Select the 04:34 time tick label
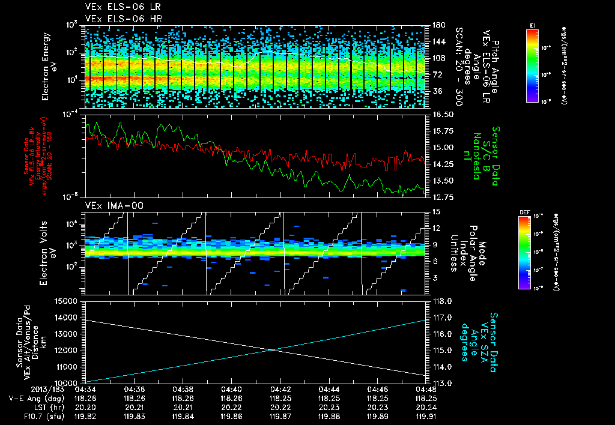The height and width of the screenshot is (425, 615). tap(86, 389)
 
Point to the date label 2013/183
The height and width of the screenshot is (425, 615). tap(23, 389)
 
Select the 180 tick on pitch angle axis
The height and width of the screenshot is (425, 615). tap(436, 25)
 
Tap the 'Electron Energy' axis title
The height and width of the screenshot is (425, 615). tap(48, 66)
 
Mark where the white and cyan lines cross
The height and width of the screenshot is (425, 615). tap(273, 349)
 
